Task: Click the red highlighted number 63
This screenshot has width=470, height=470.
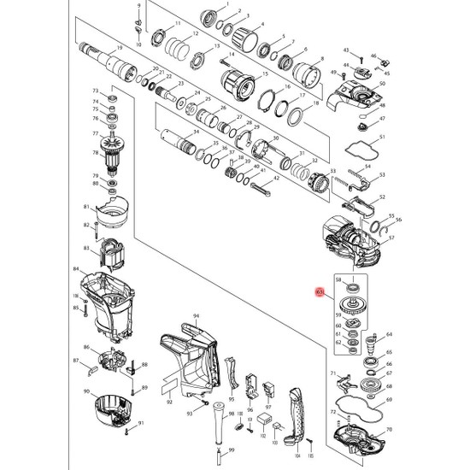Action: coord(319,292)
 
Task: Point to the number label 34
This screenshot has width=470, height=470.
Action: coord(196,132)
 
